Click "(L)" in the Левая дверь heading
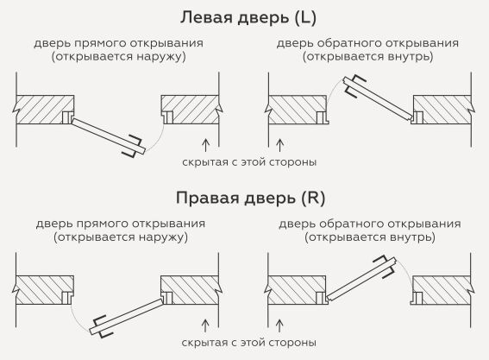click(x=304, y=17)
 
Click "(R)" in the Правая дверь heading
click(x=313, y=198)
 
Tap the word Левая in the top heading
click(x=207, y=17)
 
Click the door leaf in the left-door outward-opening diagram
click(x=108, y=136)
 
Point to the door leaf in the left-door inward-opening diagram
click(x=379, y=98)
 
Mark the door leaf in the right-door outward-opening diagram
click(x=127, y=316)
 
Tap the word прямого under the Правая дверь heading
click(x=103, y=224)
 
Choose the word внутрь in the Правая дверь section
click(x=410, y=237)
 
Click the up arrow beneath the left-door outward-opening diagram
click(x=205, y=145)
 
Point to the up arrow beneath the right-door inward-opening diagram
click(x=279, y=325)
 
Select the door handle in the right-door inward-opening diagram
click(x=385, y=266)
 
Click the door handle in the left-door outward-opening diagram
click(x=133, y=146)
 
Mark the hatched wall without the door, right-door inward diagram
click(x=442, y=290)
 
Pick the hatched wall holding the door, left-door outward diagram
click(x=44, y=110)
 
